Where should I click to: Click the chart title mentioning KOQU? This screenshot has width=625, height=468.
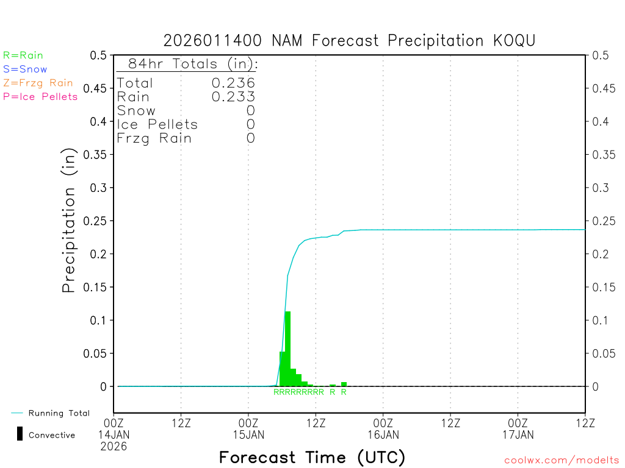pos(350,41)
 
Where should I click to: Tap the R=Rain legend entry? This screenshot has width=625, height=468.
pos(23,55)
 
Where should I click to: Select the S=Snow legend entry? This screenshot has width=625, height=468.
pos(25,69)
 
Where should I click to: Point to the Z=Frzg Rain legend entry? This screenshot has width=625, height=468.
pos(38,83)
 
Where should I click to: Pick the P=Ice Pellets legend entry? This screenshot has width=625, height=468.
pos(40,96)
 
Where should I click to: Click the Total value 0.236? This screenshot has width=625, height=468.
pos(233,83)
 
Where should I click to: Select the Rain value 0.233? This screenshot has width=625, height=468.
pos(233,96)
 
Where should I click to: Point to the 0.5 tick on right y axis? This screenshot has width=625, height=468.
pos(601,55)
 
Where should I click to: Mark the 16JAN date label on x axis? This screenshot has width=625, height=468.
pos(383,434)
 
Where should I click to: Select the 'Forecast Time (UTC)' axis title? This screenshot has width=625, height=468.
pos(312,457)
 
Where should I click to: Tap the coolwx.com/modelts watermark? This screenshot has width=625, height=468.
pos(562,461)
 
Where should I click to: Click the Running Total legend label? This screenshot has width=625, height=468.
pos(59,413)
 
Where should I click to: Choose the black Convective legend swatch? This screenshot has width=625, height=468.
pos(20,434)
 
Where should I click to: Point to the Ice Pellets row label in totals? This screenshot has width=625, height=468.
pos(157,124)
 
